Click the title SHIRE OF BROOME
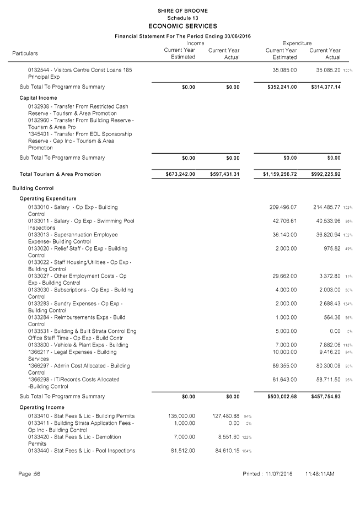pos(182,11)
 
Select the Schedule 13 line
pos(182,18)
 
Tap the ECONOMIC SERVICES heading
pos(182,26)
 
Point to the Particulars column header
pos(25,53)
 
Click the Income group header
pos(195,43)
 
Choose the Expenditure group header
pos(297,43)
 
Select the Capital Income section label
pos(39,98)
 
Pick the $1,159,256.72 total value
pos(280,174)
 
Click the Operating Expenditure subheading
pos(48,198)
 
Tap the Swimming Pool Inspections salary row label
pos(81,224)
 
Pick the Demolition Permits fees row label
pos(74,440)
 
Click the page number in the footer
pos(29,474)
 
